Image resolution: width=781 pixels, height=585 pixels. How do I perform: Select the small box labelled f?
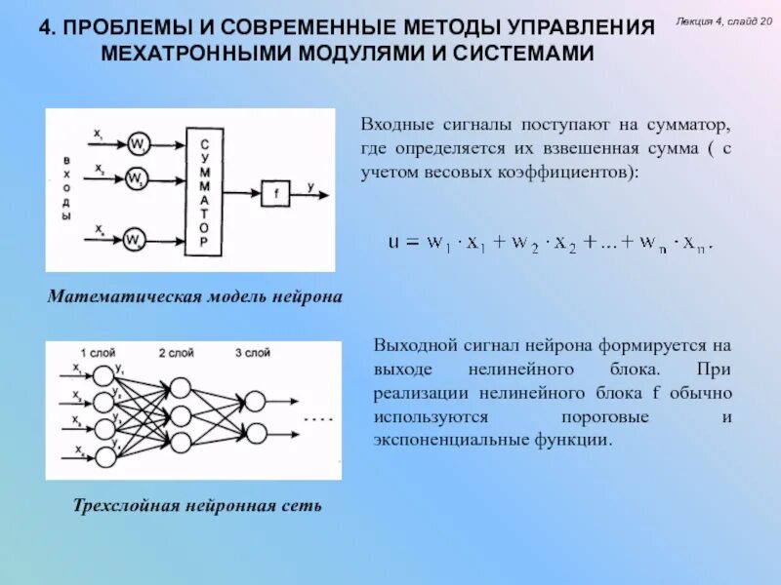tap(275, 193)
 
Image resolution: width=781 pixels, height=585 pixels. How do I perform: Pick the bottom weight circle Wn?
tap(137, 240)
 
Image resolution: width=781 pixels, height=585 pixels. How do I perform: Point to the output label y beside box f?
tap(310, 185)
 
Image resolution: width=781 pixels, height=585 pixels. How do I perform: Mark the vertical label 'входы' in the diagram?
tap(66, 187)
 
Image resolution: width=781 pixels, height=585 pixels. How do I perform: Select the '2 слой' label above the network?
tap(176, 352)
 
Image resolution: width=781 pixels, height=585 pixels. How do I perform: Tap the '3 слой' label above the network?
tap(252, 352)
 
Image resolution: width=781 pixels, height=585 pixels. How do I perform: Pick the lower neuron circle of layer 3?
tap(256, 432)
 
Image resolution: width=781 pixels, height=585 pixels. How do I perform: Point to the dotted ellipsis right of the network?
tap(318, 417)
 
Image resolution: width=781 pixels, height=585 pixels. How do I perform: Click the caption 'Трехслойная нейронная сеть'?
tap(196, 506)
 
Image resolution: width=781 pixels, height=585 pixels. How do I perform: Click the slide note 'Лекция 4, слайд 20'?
tap(723, 21)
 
